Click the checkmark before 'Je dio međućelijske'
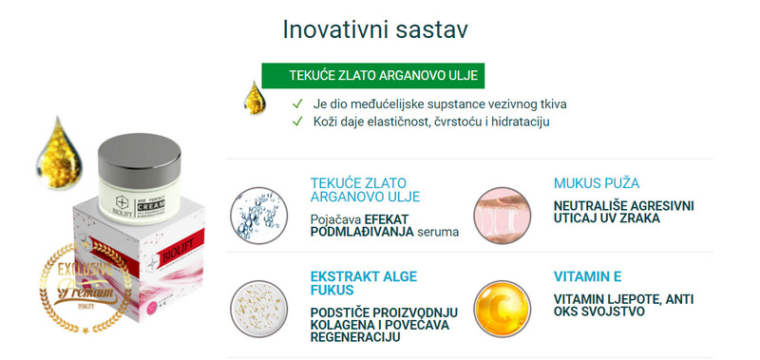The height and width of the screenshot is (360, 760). tap(297, 103)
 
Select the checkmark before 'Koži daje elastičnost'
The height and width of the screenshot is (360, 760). tap(297, 122)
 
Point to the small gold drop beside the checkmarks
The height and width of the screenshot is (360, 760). tap(252, 98)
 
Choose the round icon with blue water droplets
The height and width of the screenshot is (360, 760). tap(259, 211)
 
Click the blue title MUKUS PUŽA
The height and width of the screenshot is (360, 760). tap(596, 182)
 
